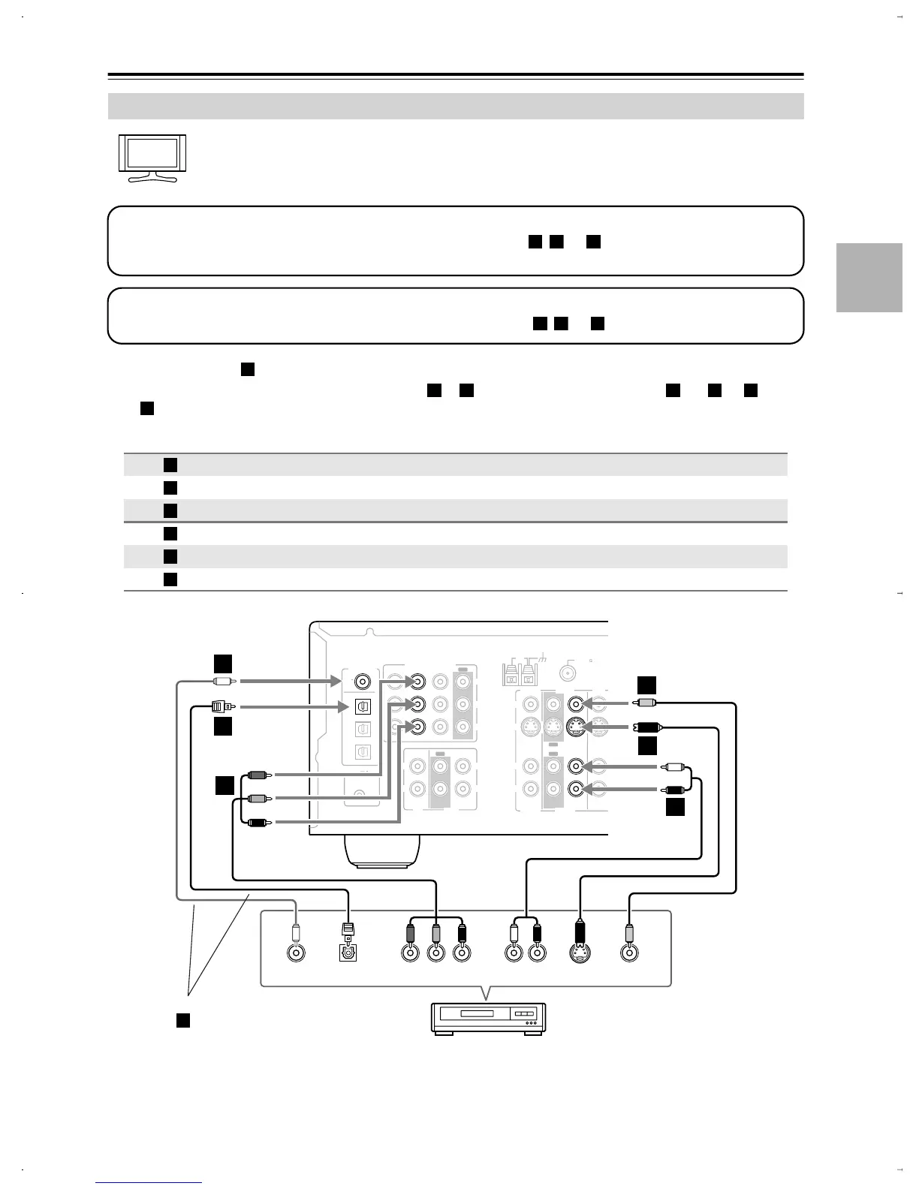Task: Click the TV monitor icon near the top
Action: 152,158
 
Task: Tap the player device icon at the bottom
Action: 488,1017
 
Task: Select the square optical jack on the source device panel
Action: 347,953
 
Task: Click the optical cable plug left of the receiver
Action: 221,706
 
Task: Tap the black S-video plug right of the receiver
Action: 646,727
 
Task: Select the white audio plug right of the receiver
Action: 673,766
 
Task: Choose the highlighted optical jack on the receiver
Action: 362,706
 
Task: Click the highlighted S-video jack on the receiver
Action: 577,726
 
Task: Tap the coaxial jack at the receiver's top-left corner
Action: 363,682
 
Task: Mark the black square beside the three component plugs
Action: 224,786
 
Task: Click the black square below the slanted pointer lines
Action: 182,1019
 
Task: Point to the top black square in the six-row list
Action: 170,465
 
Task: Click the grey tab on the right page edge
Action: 869,277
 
